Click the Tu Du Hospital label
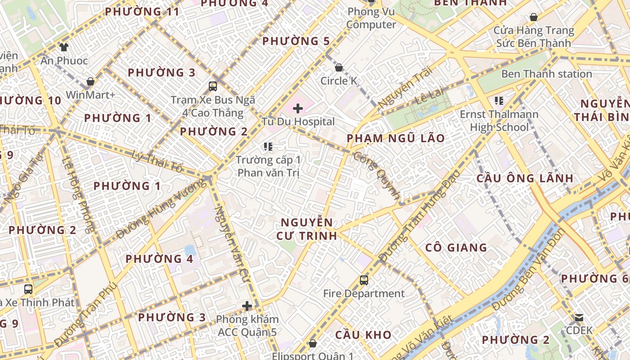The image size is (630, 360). (298, 121)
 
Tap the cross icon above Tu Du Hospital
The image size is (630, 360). (298, 108)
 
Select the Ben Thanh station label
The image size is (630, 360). (546, 74)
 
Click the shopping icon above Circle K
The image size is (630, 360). (339, 67)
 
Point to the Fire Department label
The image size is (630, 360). (364, 294)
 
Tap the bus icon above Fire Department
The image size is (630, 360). (364, 280)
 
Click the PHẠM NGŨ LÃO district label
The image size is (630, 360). (396, 138)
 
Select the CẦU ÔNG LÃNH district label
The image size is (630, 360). (525, 178)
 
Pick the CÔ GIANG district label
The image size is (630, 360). (456, 247)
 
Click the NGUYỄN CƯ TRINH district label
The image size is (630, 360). (307, 229)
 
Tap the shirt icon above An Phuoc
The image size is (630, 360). (63, 47)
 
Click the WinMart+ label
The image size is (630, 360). (90, 95)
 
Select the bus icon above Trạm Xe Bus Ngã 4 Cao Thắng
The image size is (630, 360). (213, 86)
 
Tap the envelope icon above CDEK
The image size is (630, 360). (579, 318)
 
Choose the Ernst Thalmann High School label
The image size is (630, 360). (499, 121)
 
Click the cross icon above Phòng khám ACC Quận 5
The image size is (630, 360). (247, 306)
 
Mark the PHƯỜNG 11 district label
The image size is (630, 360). (142, 12)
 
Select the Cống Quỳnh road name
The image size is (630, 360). (377, 175)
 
